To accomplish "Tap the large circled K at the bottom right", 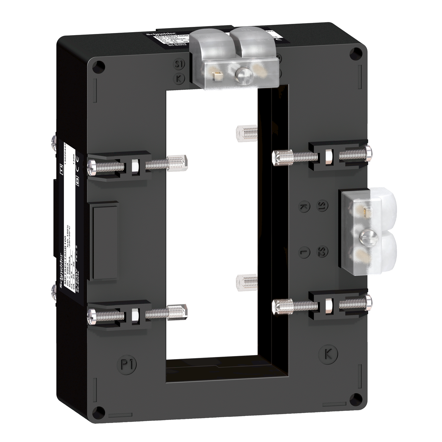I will pyautogui.click(x=328, y=354).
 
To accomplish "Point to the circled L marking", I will pyautogui.click(x=304, y=252).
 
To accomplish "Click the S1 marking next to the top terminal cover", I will pyautogui.click(x=180, y=65).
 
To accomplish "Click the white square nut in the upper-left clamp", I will pyautogui.click(x=135, y=166).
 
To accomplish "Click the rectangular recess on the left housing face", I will pyautogui.click(x=104, y=241).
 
